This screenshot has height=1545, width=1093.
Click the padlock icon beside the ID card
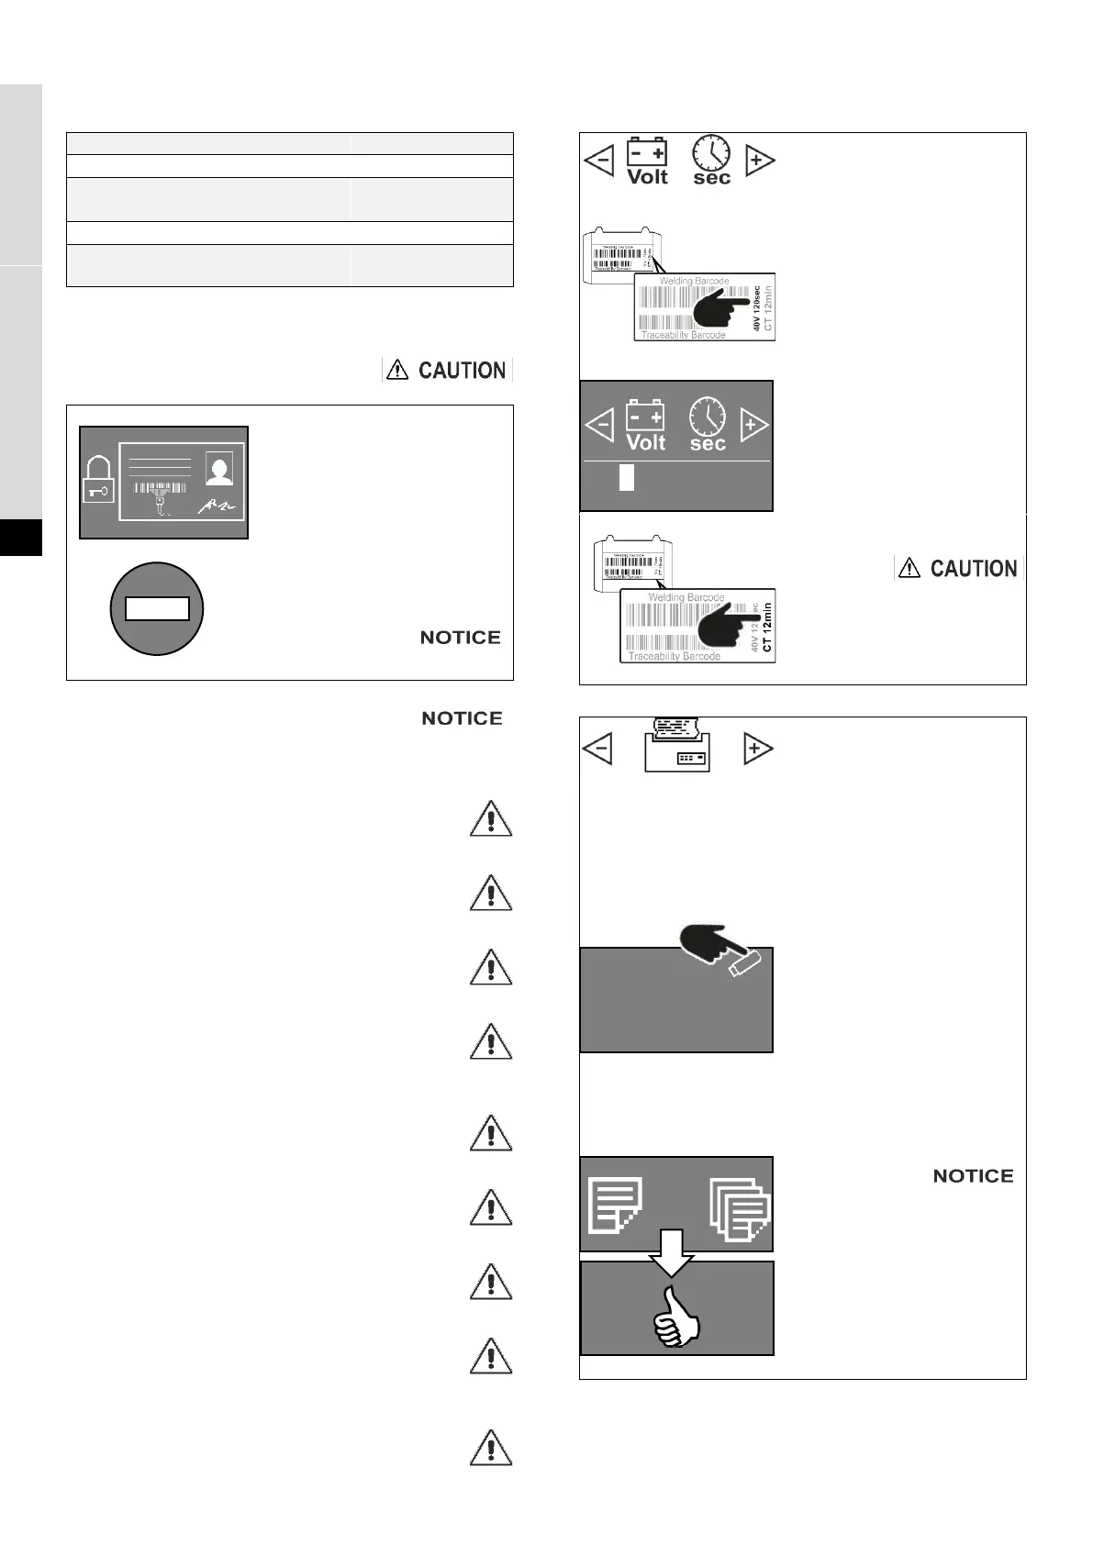pyautogui.click(x=98, y=479)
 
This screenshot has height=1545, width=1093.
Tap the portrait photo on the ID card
pyautogui.click(x=219, y=470)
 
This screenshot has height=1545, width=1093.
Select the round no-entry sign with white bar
pyautogui.click(x=157, y=608)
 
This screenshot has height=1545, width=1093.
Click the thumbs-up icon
pyautogui.click(x=676, y=1317)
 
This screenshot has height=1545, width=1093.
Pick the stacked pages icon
pyautogui.click(x=739, y=1210)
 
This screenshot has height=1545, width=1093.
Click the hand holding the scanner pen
pyautogui.click(x=720, y=950)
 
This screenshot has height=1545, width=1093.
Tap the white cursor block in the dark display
pyautogui.click(x=627, y=478)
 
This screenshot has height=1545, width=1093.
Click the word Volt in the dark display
pyautogui.click(x=645, y=443)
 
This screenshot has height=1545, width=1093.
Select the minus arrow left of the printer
pyautogui.click(x=597, y=749)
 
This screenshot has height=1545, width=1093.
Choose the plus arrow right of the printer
pyautogui.click(x=757, y=749)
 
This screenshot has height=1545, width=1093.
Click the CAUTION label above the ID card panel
pyautogui.click(x=448, y=370)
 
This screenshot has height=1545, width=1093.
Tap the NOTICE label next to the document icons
pyautogui.click(x=973, y=1176)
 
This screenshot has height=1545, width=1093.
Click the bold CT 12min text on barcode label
pyautogui.click(x=768, y=627)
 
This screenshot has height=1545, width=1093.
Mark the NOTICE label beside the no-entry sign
pyautogui.click(x=460, y=638)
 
